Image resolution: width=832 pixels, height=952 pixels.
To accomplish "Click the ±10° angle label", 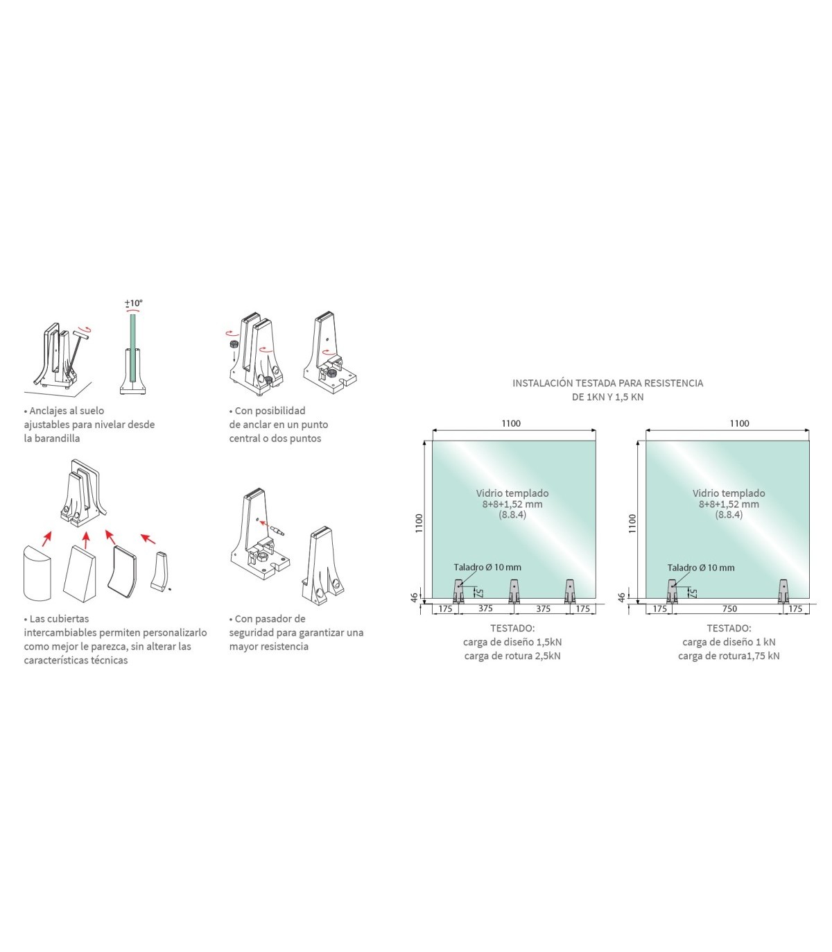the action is click(133, 303).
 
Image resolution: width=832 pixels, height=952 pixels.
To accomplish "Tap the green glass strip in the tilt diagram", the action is click(133, 348).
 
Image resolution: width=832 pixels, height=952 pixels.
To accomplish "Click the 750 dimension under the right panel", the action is click(729, 609).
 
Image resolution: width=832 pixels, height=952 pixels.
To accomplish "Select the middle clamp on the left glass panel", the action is click(514, 591).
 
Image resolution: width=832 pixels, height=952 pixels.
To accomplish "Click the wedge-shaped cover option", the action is click(79, 574).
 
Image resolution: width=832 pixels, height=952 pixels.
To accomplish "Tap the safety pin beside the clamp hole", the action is click(277, 530).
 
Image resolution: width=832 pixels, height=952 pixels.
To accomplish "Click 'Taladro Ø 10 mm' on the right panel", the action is click(700, 567).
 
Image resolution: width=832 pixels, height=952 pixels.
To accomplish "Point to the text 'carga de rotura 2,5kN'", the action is click(512, 656).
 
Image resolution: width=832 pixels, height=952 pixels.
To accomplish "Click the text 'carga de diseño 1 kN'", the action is click(729, 642).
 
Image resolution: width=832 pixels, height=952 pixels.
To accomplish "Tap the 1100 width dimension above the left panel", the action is click(511, 423).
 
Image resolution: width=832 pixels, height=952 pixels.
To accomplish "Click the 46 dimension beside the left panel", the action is click(414, 597).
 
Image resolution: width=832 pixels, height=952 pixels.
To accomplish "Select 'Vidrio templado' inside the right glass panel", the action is click(729, 493).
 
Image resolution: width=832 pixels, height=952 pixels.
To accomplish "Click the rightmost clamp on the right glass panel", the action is click(783, 591).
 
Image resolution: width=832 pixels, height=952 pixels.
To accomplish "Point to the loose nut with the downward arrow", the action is click(234, 345).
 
